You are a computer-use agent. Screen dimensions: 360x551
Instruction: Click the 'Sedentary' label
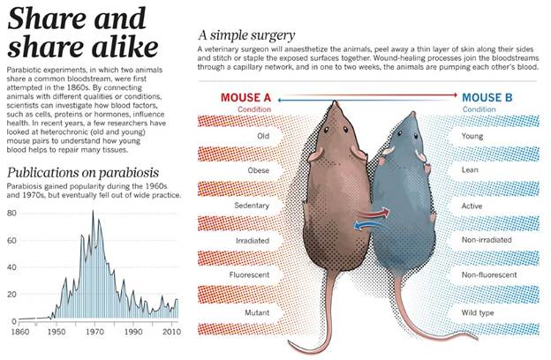[252, 206]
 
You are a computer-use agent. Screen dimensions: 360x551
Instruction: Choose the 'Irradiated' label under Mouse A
[252, 240]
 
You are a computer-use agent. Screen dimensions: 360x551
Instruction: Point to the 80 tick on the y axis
[12, 214]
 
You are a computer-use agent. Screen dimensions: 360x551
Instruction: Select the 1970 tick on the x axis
[94, 334]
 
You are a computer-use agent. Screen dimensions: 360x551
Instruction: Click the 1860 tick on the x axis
[17, 334]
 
